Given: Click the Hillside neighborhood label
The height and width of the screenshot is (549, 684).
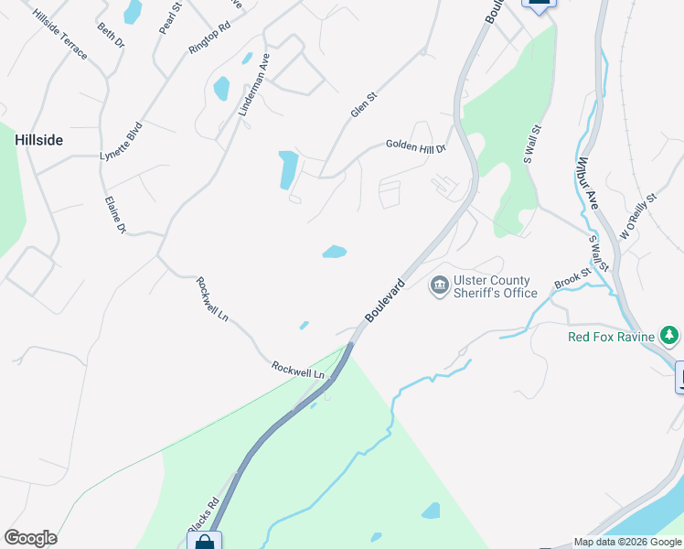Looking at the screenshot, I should pos(38,140).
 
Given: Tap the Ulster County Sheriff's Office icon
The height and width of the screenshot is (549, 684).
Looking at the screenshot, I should pos(439,286).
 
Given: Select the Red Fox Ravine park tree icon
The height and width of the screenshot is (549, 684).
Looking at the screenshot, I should pos(669,337).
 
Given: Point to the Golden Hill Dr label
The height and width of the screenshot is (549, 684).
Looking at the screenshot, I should pos(415,145).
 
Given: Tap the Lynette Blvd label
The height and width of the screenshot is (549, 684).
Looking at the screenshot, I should pos(122,142).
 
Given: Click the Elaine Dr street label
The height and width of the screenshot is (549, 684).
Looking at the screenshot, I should pos(114,215).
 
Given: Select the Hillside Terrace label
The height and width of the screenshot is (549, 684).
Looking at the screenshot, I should pos(60,36).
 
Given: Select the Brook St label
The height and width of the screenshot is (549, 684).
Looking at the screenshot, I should pos(572,279).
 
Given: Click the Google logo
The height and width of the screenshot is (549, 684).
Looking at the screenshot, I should pos(30,538).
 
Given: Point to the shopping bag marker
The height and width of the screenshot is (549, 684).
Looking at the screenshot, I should pos(205,542).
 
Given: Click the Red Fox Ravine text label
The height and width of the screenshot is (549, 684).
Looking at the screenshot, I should pos(611,337).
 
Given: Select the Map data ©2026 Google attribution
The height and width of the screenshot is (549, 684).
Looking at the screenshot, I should pos(628,542).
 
